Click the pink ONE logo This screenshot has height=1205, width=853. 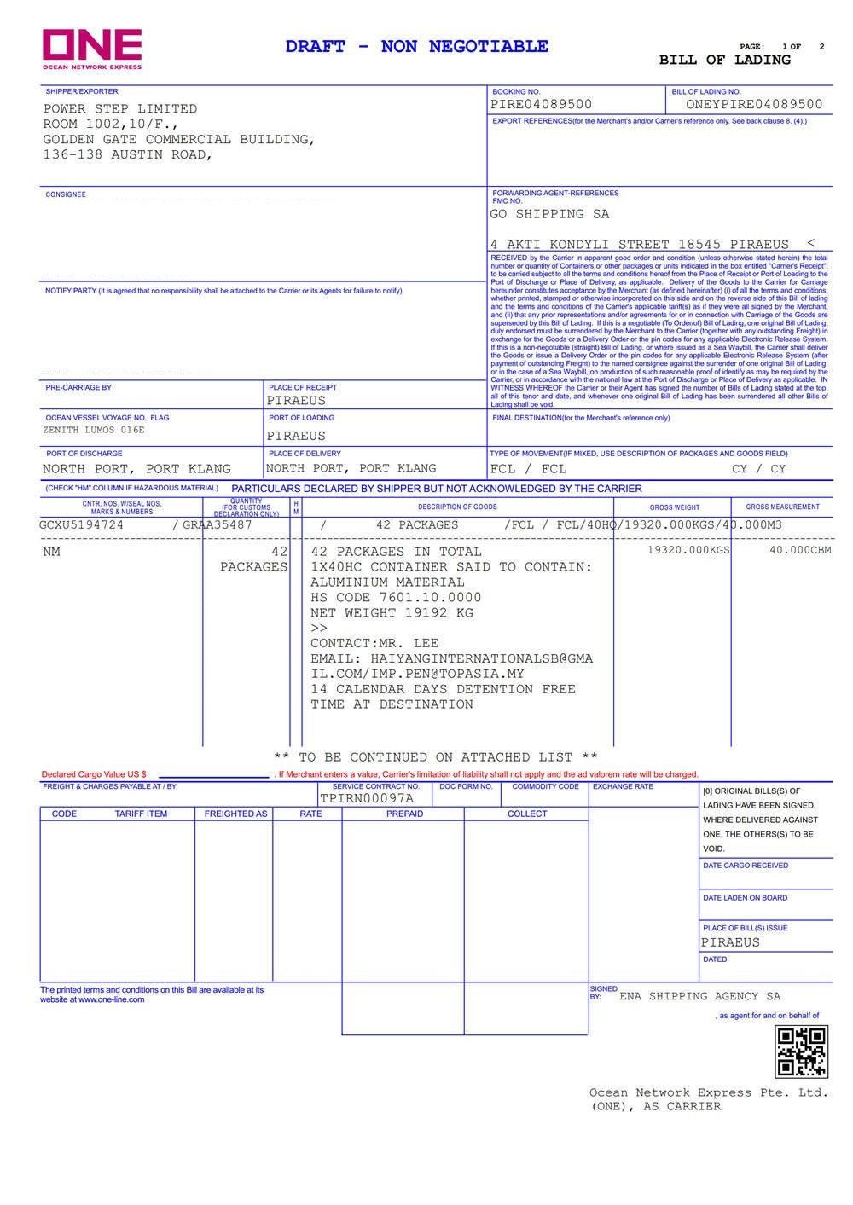(x=92, y=46)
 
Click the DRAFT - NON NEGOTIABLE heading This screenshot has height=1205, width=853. (x=417, y=46)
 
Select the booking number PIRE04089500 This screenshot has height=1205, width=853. (x=541, y=105)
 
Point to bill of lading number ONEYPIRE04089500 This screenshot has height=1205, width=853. (x=754, y=105)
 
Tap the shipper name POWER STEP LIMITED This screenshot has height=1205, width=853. (x=120, y=109)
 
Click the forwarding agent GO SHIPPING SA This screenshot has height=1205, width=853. (x=549, y=214)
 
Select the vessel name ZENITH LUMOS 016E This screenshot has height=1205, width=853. (x=94, y=431)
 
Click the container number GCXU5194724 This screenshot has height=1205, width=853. (x=81, y=525)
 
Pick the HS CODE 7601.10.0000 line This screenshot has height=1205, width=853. (x=396, y=598)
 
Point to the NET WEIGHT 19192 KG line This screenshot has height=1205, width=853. (x=392, y=613)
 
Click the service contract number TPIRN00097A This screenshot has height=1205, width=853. (x=367, y=799)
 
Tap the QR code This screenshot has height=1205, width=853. (x=801, y=1051)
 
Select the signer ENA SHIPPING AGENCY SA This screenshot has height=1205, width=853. (x=699, y=996)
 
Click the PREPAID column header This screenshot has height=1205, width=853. (x=404, y=814)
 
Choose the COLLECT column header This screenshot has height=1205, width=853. (x=527, y=814)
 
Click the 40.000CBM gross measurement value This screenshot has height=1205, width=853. (x=800, y=551)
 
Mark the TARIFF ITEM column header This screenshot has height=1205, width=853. (x=141, y=814)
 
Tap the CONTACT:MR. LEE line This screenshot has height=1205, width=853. (x=374, y=644)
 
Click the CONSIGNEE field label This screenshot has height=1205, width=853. (x=66, y=195)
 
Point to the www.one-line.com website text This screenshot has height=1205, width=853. (x=111, y=999)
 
